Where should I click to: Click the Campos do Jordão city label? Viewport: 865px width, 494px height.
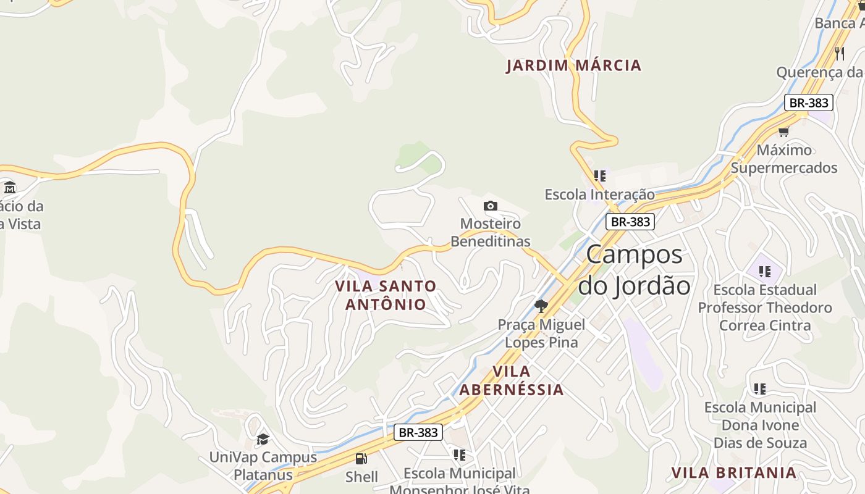pos(634,270)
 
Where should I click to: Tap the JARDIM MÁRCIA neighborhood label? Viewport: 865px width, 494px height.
pos(574,65)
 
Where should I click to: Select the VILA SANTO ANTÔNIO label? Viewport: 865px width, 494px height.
pos(386,295)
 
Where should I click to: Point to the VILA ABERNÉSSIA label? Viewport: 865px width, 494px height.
pos(512,380)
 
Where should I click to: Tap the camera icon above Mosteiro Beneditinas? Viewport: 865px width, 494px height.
pos(491,206)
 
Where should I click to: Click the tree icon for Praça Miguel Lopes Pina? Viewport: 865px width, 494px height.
pos(541,306)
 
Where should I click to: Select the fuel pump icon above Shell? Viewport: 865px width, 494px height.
pos(361,458)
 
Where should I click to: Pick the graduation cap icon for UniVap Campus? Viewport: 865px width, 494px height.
pos(263,439)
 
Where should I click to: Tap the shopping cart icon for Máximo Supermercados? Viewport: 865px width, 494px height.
pos(783,132)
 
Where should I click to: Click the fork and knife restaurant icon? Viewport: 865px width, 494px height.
pos(839,54)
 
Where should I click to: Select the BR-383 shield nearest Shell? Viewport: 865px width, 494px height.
pos(418,432)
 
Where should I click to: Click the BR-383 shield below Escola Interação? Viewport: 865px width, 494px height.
pos(630,222)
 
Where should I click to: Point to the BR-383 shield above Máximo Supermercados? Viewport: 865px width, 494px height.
pos(809,103)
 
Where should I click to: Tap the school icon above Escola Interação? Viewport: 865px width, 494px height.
pos(599,176)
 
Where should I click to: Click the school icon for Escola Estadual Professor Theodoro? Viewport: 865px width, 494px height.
pos(765,272)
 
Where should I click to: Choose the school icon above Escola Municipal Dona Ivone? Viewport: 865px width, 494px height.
pos(760,389)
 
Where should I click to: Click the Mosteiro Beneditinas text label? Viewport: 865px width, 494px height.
pos(491,233)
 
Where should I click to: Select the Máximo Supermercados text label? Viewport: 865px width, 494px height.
pos(784,159)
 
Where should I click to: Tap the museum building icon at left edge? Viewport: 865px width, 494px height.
pos(9,187)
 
